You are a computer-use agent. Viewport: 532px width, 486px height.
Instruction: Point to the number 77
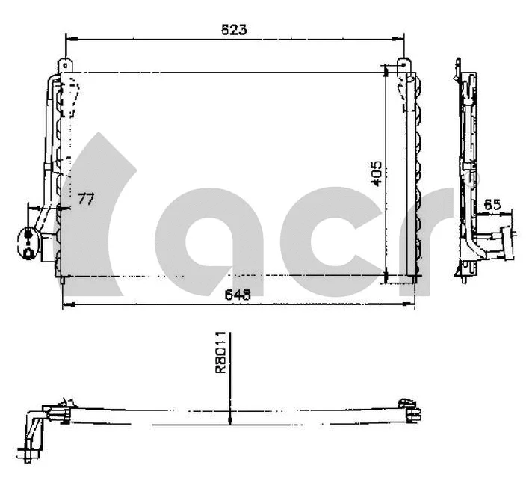coord(86,198)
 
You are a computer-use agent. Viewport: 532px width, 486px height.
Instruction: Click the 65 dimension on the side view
coord(492,203)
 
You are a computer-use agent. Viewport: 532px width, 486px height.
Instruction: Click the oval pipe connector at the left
coord(29,240)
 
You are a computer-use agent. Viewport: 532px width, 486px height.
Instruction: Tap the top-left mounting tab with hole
coord(66,65)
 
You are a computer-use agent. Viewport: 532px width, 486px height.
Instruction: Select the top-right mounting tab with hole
coord(404,65)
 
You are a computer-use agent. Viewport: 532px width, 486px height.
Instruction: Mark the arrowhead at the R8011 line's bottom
coord(230,420)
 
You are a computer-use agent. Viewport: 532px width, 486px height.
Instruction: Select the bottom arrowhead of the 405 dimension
coord(386,280)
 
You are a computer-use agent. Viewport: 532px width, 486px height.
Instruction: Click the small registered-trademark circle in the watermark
coord(469,179)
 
